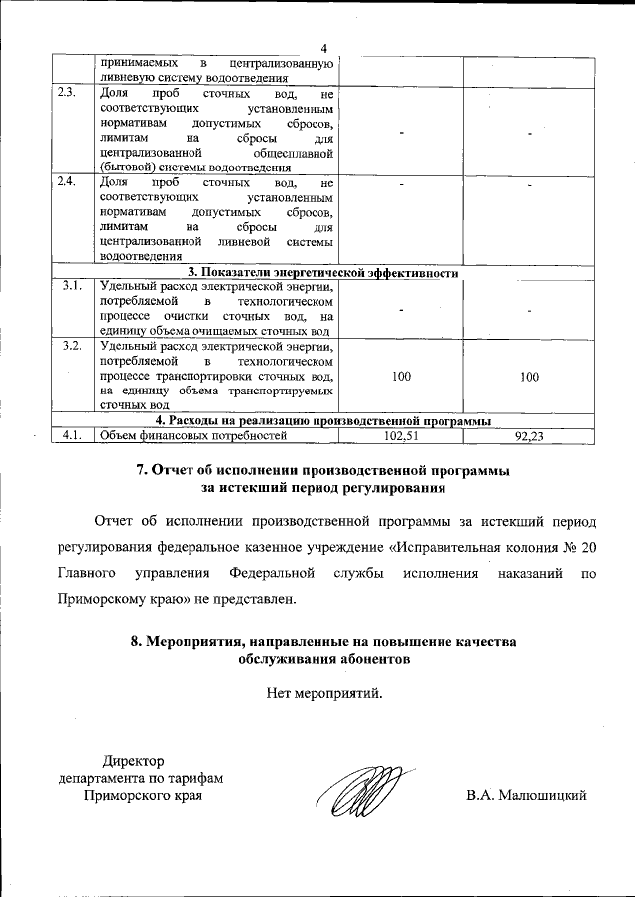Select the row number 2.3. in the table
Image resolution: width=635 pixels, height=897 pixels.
click(67, 92)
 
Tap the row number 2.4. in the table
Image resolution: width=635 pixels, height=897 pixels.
click(67, 182)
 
